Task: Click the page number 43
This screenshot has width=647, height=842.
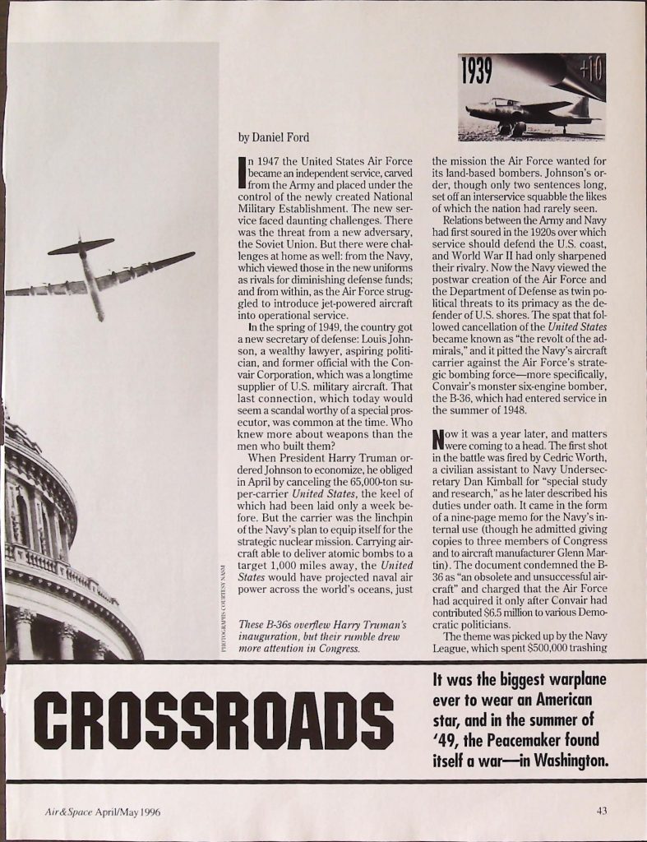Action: click(603, 812)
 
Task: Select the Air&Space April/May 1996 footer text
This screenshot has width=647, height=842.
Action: click(102, 812)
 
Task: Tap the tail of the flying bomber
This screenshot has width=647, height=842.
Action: click(81, 245)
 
